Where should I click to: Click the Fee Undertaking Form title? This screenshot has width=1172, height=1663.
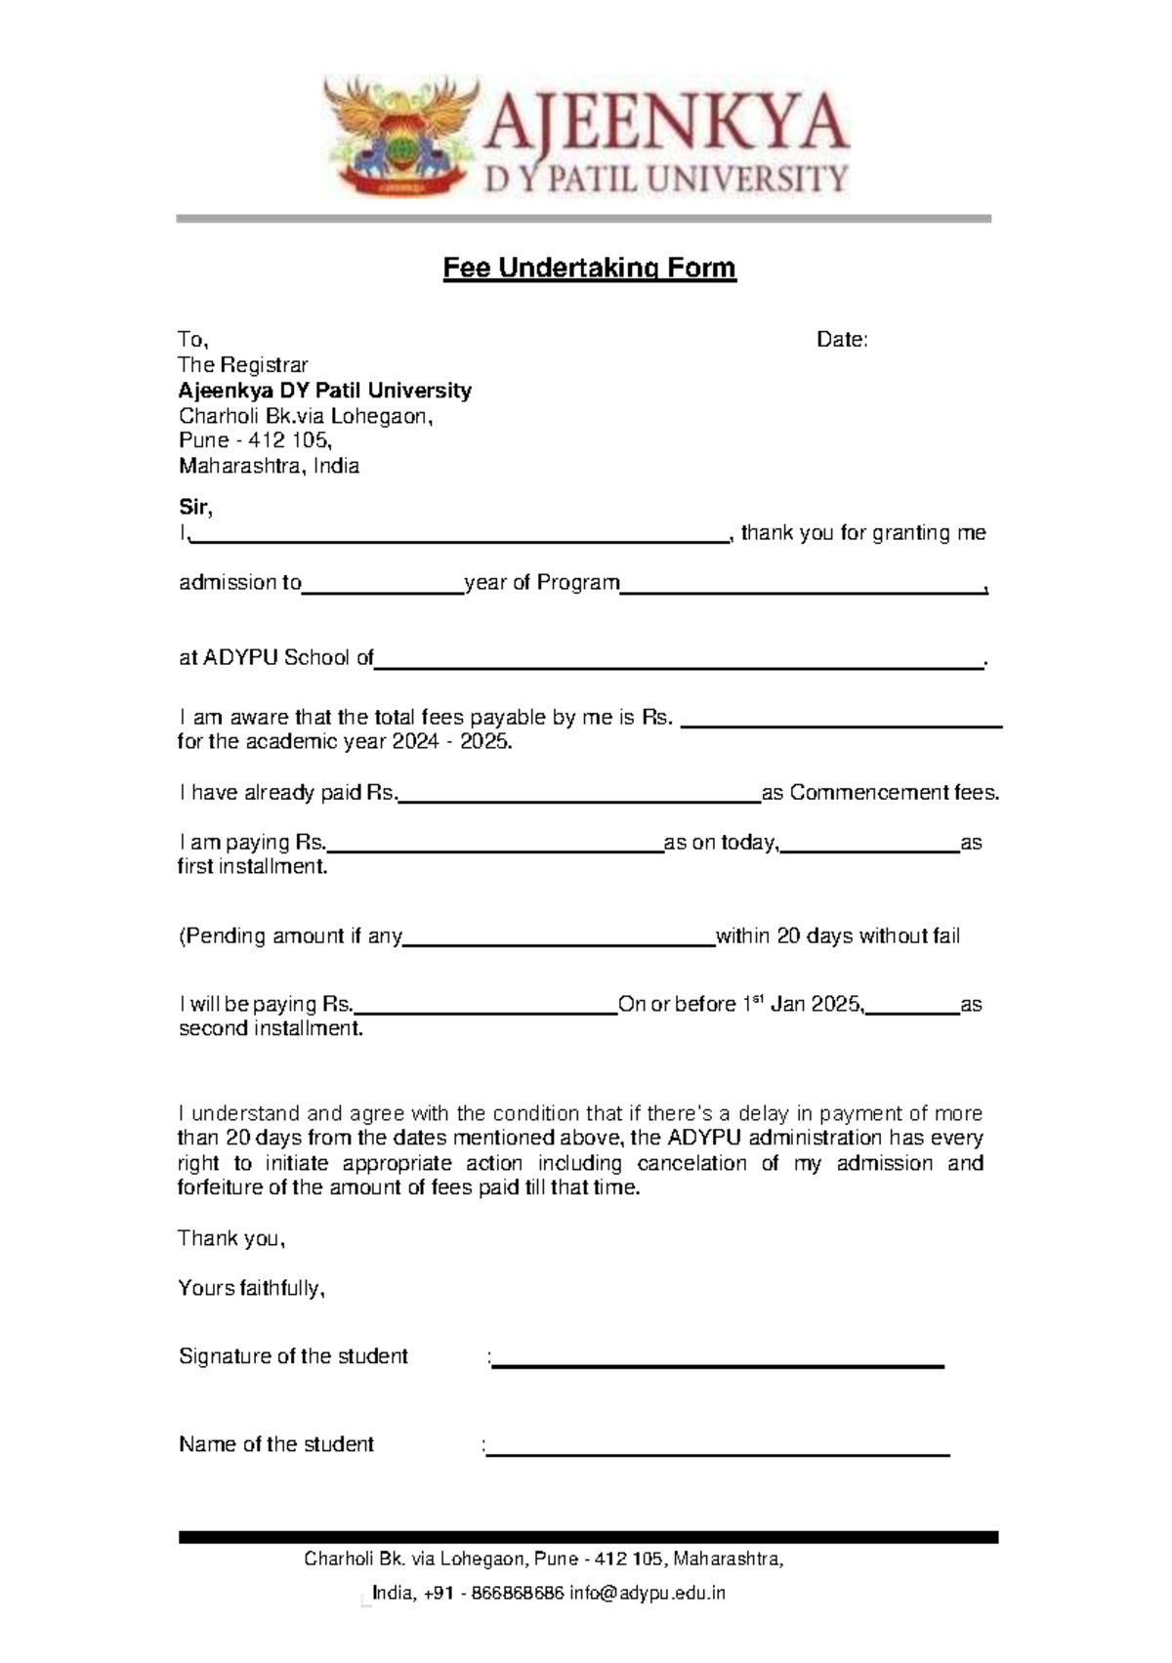(x=589, y=268)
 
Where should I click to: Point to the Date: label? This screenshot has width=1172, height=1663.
(x=842, y=340)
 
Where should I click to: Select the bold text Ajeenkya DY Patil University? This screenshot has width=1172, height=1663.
(x=324, y=391)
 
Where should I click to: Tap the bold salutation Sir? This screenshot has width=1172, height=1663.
(x=195, y=507)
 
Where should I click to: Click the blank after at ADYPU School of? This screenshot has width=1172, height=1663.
(x=679, y=661)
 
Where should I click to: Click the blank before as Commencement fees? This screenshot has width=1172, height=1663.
(x=579, y=795)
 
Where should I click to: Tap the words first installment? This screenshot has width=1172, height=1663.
(x=252, y=866)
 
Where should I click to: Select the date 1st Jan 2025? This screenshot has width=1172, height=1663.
(x=802, y=1004)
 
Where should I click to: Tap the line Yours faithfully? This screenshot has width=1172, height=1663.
(x=251, y=1288)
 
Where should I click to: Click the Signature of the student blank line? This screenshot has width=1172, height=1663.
(x=718, y=1360)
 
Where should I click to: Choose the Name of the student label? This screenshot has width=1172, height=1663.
(x=276, y=1444)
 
